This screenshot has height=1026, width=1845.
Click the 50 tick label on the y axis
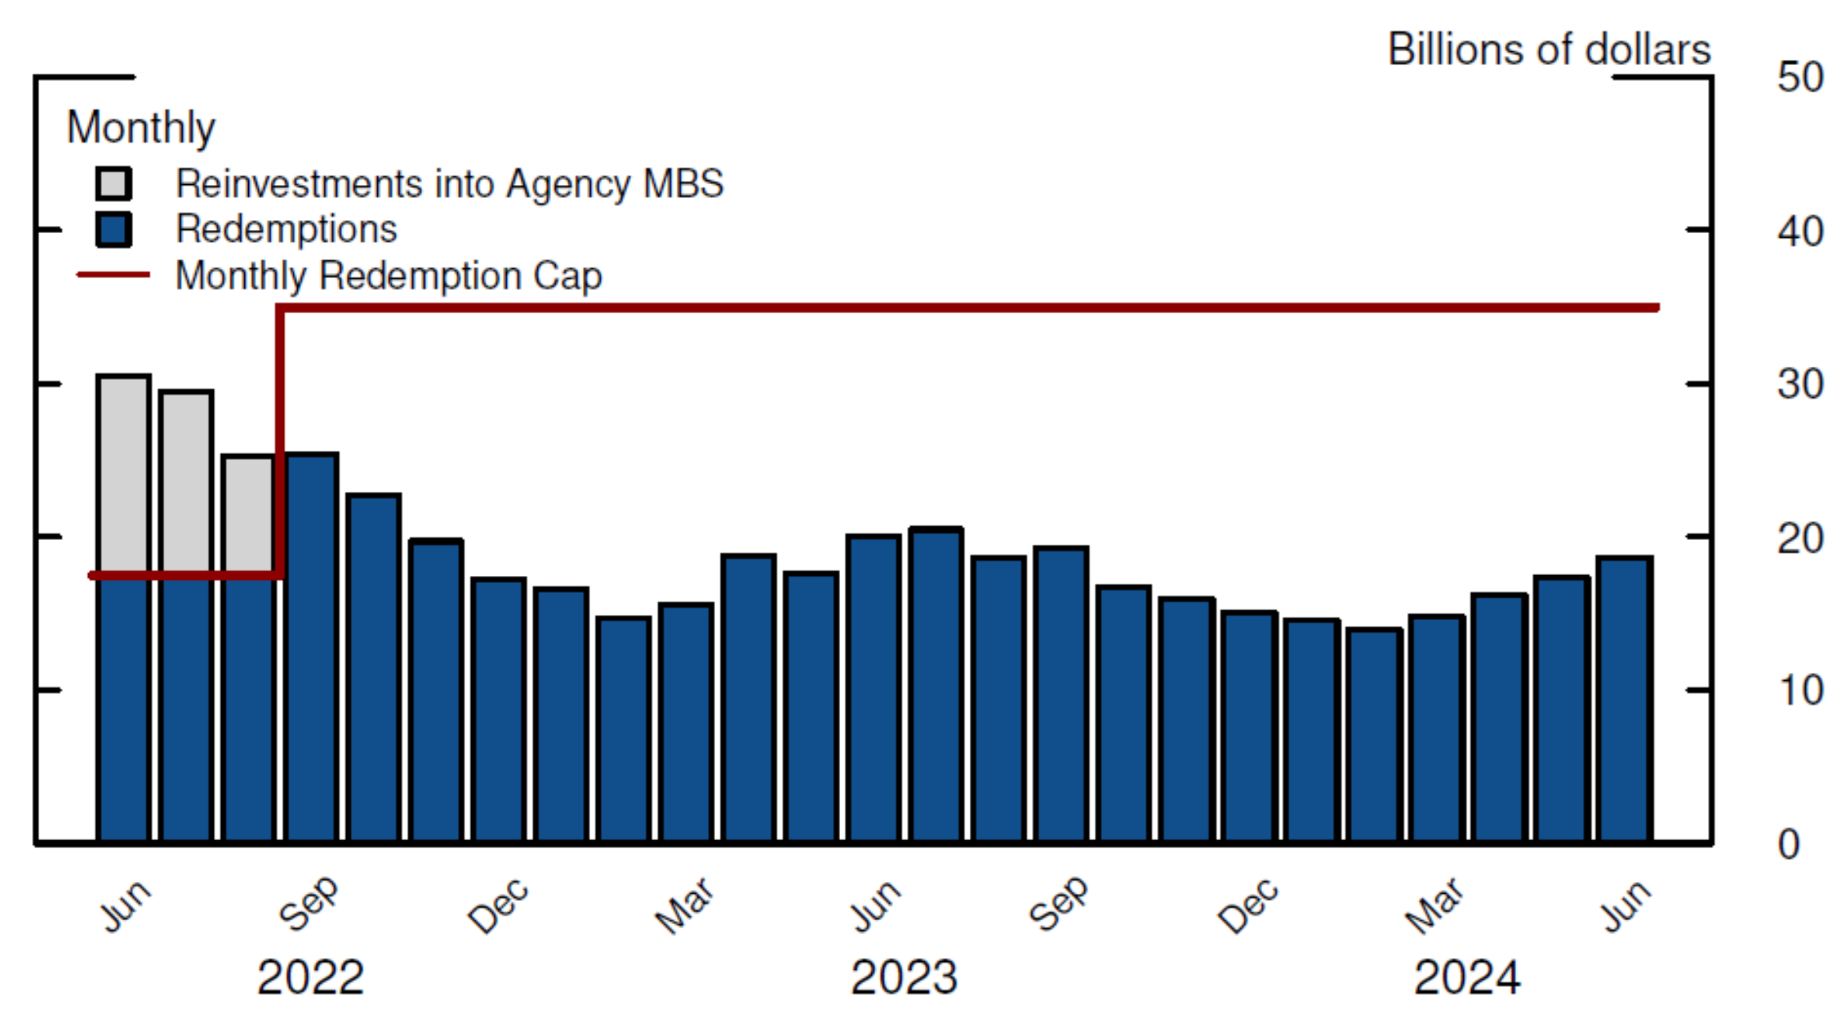point(1799,78)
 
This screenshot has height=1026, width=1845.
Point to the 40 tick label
point(1799,231)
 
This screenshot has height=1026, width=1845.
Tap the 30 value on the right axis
point(1799,384)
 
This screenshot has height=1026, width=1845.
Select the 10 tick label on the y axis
point(1799,690)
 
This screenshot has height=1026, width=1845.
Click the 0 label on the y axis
point(1789,845)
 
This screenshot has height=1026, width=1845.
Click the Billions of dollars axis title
point(1549,50)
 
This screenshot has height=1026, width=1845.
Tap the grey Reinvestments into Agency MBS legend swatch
point(113,183)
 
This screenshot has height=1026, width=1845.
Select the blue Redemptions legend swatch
point(113,229)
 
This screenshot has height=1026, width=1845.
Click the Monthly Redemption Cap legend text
point(388,276)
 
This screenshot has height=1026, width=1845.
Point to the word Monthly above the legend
point(141,127)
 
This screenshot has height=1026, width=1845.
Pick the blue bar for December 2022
point(499,710)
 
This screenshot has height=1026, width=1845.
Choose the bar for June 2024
point(1624,699)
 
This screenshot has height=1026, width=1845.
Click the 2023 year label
point(904,978)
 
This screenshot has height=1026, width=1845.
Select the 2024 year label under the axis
point(1467,978)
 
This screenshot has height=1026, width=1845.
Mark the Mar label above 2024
point(1434,905)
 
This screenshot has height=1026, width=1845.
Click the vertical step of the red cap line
point(280,441)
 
